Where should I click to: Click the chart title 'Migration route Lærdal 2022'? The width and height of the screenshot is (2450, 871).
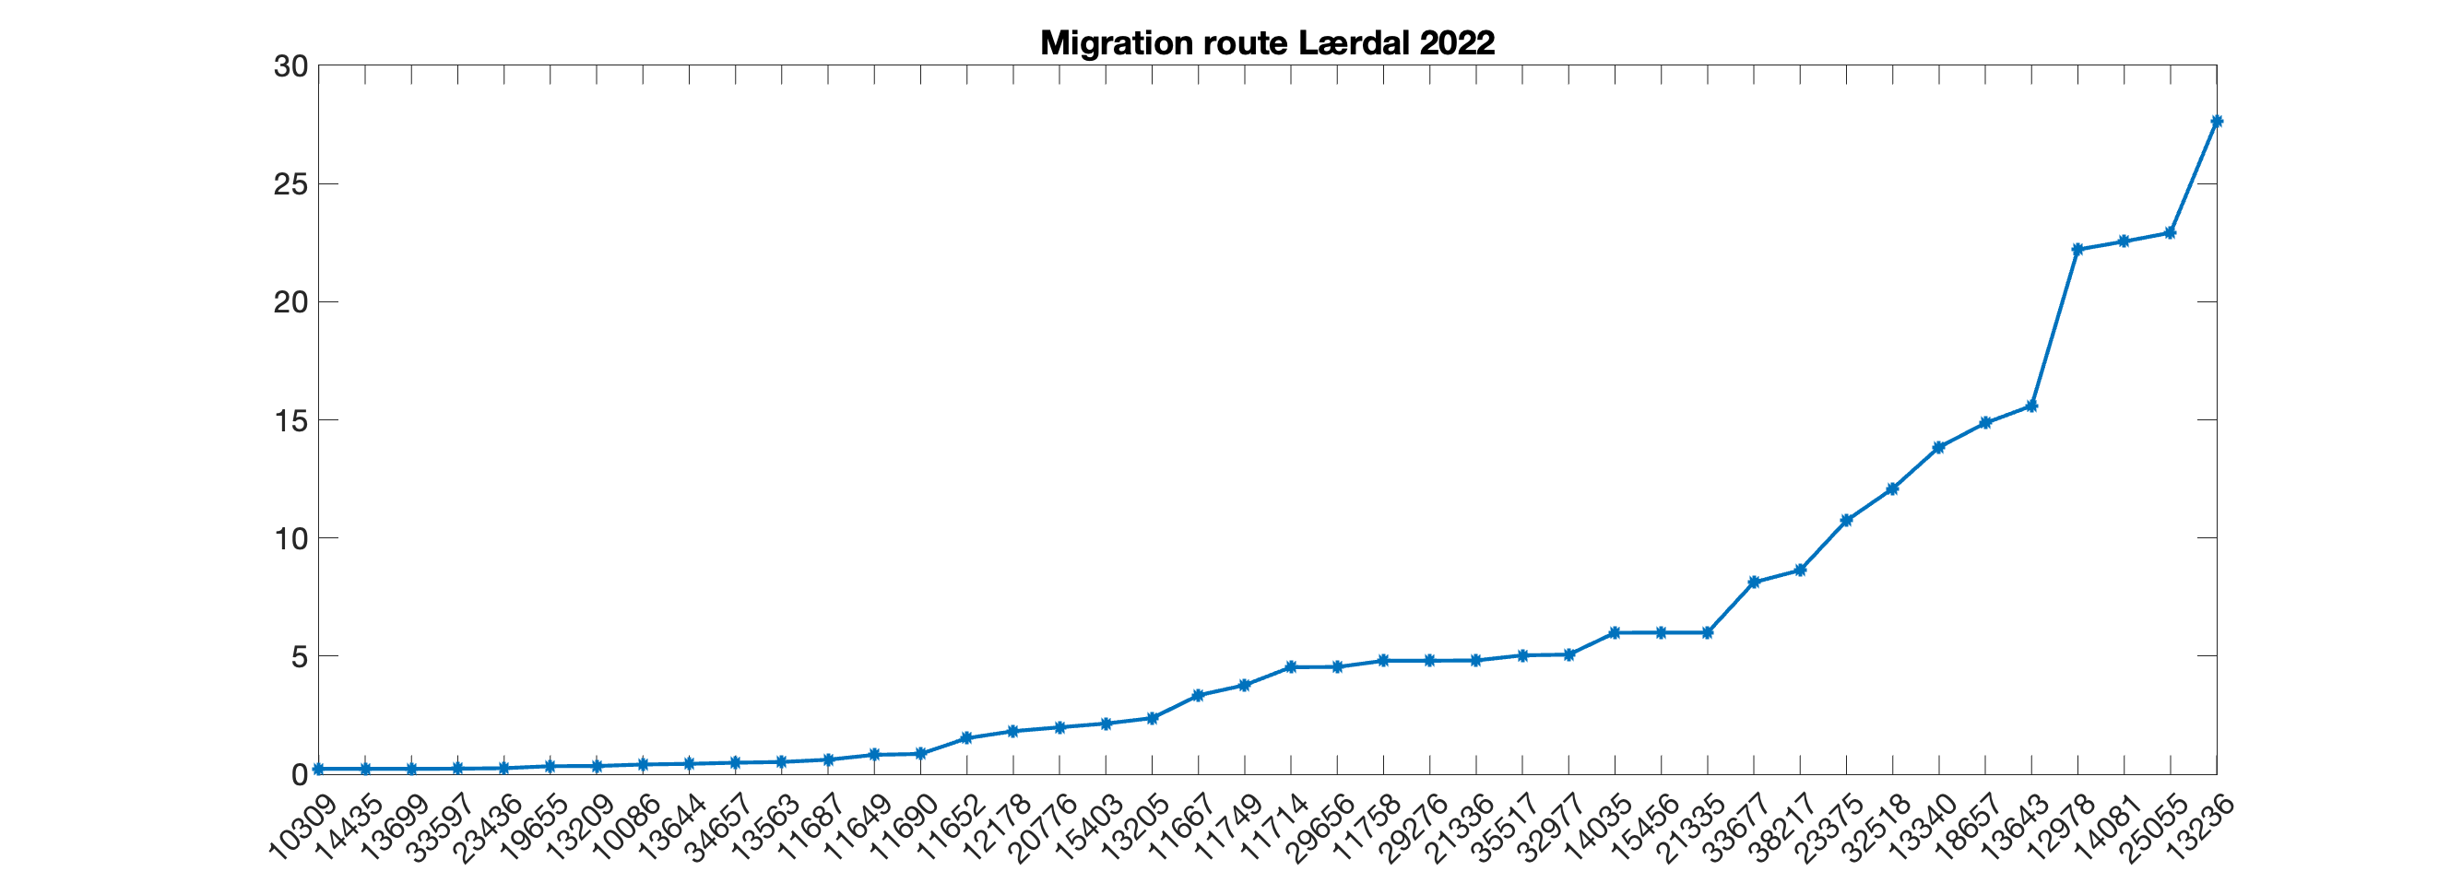tap(1267, 42)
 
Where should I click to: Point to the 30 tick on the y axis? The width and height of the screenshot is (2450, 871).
tap(290, 66)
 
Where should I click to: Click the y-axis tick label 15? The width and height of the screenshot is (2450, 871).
tap(290, 420)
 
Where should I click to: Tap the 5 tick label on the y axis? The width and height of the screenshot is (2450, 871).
tap(299, 656)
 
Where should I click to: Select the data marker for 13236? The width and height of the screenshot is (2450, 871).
tap(2216, 122)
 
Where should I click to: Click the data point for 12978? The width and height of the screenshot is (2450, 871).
tap(2077, 249)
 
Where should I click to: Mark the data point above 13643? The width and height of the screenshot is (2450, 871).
tap(2031, 406)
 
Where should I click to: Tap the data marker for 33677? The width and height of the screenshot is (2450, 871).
tap(1754, 582)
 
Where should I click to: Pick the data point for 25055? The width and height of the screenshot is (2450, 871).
tap(2170, 233)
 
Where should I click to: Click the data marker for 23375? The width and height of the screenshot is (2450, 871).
tap(1846, 520)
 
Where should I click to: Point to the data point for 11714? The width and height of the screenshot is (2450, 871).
tap(1291, 667)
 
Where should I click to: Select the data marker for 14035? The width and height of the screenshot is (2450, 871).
tap(1615, 632)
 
